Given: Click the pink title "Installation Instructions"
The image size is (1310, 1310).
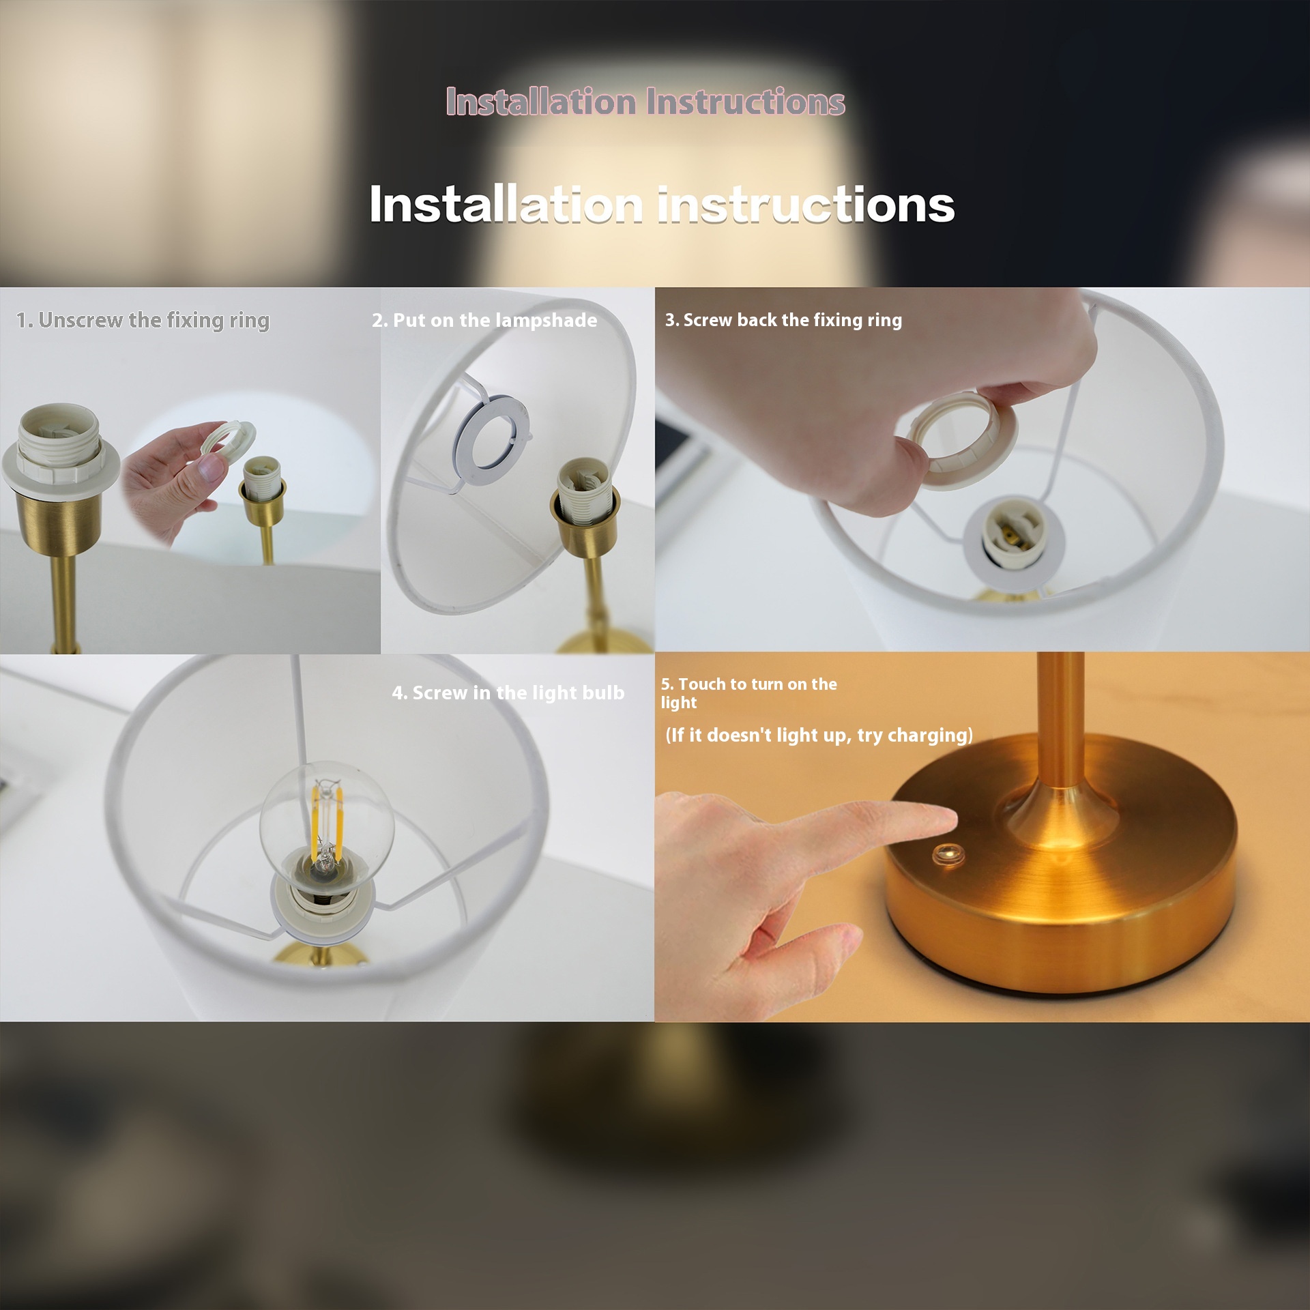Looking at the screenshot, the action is (645, 102).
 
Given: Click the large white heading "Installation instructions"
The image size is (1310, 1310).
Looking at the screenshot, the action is (662, 204).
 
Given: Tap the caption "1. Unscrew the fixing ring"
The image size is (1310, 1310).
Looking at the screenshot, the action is (143, 321).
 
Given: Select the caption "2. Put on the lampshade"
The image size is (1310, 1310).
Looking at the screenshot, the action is (484, 321).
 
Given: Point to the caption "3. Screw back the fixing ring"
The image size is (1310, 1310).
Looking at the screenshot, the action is (783, 320).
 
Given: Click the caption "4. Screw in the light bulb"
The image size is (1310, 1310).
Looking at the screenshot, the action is (508, 693).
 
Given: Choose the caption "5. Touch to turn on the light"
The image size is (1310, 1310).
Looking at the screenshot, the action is (748, 693).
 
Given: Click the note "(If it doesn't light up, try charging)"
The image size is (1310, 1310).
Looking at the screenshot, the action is (819, 735).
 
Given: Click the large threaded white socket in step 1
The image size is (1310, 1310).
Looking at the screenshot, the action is (60, 443).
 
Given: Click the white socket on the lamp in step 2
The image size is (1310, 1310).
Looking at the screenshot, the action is (584, 490).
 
